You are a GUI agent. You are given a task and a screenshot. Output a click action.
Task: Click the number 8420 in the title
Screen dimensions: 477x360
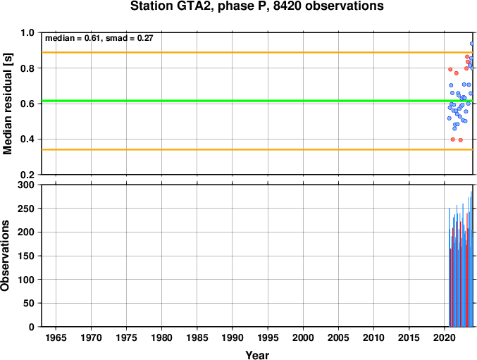[287, 6]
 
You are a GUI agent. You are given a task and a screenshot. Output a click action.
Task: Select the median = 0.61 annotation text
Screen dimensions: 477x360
[73, 38]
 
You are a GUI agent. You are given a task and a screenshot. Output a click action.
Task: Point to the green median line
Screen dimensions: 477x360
[257, 101]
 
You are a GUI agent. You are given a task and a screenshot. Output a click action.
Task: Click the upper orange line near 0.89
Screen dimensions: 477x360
[257, 53]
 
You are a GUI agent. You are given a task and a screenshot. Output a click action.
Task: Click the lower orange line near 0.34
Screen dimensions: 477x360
[257, 149]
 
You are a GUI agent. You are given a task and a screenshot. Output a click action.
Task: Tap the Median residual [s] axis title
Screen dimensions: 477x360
[7, 104]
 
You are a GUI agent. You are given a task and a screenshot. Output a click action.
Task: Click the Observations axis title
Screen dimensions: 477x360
[5, 256]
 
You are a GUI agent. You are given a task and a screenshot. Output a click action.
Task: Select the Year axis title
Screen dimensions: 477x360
[257, 355]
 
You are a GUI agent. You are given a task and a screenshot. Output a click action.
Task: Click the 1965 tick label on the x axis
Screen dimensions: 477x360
[56, 337]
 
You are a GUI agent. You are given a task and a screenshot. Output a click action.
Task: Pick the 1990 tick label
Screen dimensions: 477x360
[233, 337]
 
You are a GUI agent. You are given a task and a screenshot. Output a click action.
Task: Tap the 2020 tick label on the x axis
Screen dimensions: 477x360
[445, 337]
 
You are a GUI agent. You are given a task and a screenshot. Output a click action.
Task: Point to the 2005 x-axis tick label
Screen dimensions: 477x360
[338, 337]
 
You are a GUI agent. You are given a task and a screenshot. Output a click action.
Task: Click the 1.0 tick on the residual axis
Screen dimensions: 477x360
[27, 32]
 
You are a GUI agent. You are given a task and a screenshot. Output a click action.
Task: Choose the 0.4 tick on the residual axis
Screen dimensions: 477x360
[27, 139]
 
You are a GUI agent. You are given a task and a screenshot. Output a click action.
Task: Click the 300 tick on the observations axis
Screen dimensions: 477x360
[26, 185]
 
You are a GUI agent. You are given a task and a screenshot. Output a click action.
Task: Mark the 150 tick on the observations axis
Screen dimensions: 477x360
[26, 256]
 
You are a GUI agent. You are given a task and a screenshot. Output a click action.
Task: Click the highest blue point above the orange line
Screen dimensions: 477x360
[472, 44]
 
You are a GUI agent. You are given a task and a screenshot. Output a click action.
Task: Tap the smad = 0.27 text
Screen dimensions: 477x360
[129, 38]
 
